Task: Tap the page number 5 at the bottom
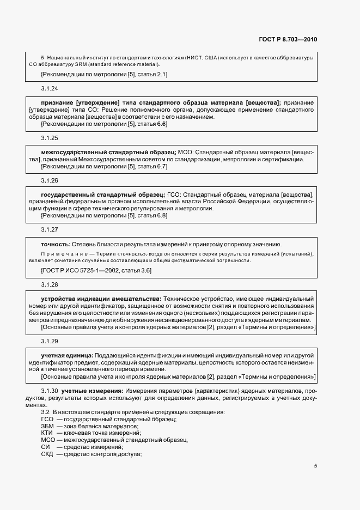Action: (315, 465)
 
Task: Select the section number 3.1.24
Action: (50, 88)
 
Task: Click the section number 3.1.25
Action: (50, 138)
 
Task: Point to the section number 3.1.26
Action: (50, 180)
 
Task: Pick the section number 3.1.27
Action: (50, 229)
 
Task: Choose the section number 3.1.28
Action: (50, 284)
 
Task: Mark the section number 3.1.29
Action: (50, 341)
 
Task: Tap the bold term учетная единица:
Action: (65, 355)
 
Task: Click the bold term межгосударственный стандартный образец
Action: (108, 152)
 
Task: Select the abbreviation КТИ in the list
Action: (47, 433)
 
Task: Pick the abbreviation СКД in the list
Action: (47, 454)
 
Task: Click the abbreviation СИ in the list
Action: (45, 447)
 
